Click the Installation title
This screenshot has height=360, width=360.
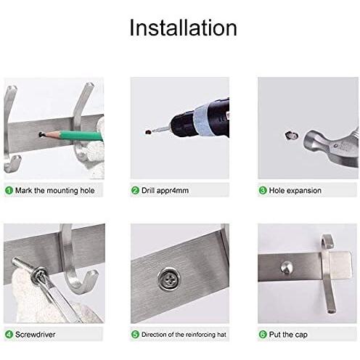183,28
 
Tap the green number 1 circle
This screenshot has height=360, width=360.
9,190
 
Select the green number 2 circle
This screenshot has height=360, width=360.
135,190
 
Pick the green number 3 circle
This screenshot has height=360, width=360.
263,190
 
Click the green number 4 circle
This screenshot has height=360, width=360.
9,335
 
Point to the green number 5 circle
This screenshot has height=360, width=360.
135,335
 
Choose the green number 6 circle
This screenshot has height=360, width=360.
263,335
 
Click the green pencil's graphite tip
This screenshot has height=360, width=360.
41,134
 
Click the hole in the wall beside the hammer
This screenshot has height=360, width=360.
291,136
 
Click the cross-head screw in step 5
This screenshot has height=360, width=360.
169,279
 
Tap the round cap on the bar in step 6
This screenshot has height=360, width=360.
287,268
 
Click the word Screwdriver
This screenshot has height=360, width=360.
36,335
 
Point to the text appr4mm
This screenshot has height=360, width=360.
173,191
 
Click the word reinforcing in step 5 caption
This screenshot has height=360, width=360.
200,335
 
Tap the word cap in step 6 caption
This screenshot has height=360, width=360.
301,335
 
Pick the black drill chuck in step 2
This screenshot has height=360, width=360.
182,126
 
